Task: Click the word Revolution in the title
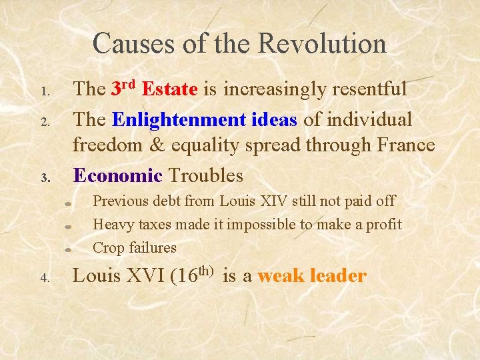[x=322, y=44]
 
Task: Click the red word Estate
[x=169, y=89]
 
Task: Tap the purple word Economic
[x=117, y=176]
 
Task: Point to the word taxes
[x=155, y=225]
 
